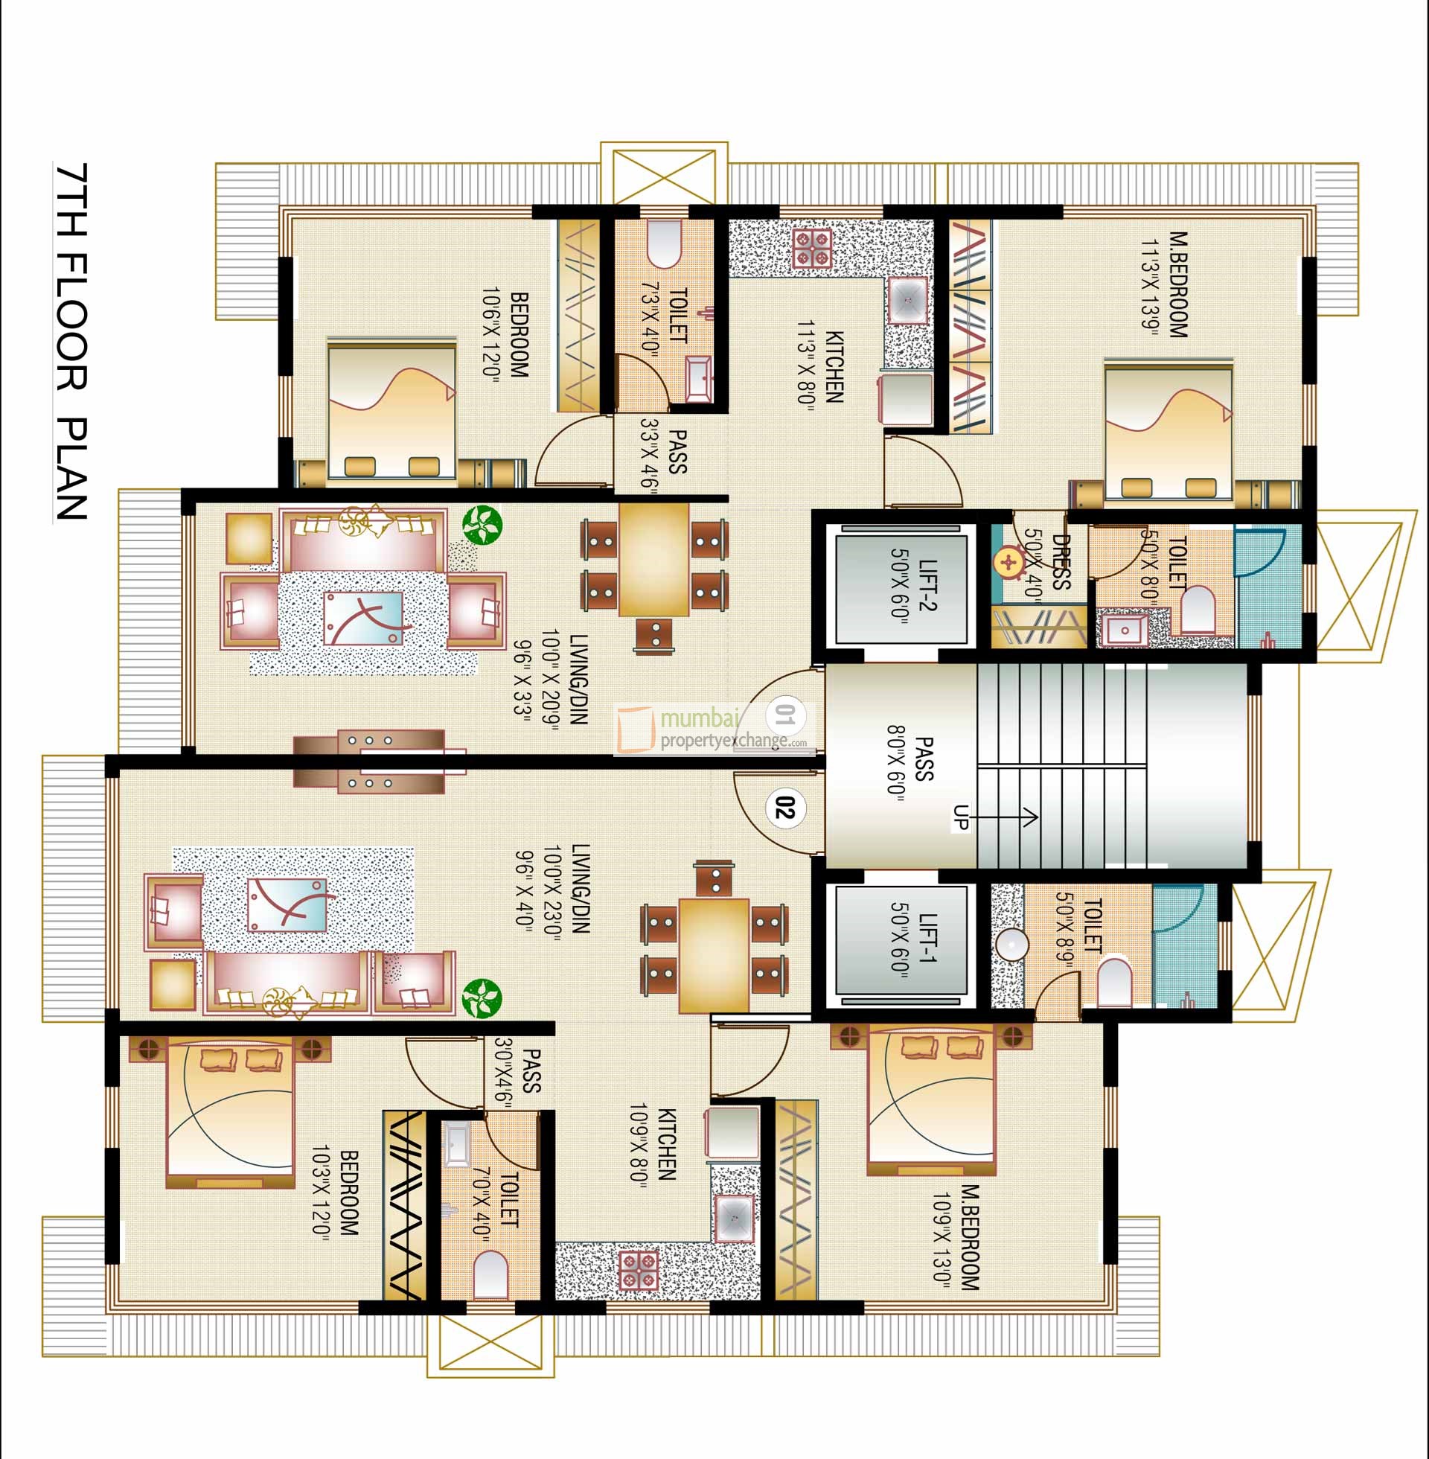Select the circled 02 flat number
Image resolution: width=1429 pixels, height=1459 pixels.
[x=784, y=809]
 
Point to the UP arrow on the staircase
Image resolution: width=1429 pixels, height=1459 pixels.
[x=1009, y=817]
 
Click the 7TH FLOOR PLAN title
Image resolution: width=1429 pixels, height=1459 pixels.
[x=72, y=342]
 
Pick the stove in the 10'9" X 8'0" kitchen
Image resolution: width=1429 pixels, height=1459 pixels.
[x=639, y=1270]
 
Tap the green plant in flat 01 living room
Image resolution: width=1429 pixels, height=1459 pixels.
[x=481, y=525]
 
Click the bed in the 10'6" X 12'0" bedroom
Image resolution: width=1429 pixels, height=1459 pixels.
[x=391, y=409]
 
